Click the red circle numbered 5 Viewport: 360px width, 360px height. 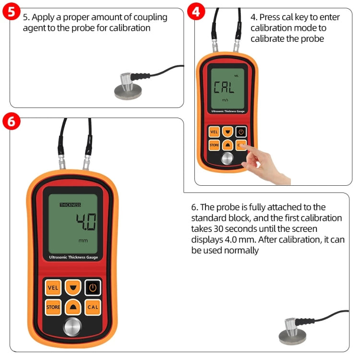pyautogui.click(x=12, y=12)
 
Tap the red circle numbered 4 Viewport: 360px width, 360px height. pyautogui.click(x=196, y=12)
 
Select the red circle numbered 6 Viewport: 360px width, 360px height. pyautogui.click(x=12, y=121)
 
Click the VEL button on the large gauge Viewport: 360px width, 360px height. pyautogui.click(x=53, y=288)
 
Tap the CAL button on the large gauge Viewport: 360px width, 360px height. pyautogui.click(x=93, y=307)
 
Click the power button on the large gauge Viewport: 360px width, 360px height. pyautogui.click(x=93, y=288)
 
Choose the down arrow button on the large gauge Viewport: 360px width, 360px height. pyautogui.click(x=73, y=288)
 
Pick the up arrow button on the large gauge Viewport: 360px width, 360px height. pyautogui.click(x=73, y=307)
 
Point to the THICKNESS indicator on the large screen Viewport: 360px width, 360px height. pyautogui.click(x=70, y=205)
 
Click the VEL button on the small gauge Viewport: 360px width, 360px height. pyautogui.click(x=214, y=132)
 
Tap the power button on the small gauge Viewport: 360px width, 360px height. pyautogui.click(x=240, y=132)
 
